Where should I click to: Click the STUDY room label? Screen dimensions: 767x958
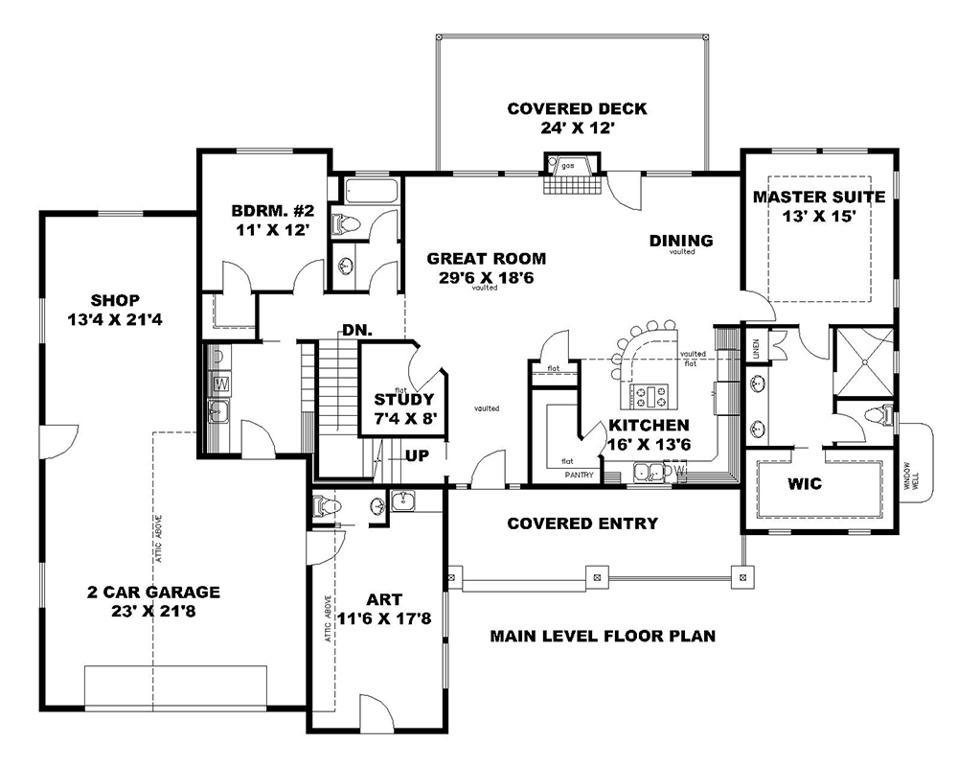[404, 399]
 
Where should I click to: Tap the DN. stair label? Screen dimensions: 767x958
[357, 330]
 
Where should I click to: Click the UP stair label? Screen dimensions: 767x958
[417, 455]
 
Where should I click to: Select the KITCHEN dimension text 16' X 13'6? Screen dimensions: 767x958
[650, 445]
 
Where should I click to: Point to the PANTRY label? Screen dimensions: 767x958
[579, 475]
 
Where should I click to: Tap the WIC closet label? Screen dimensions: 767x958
[805, 484]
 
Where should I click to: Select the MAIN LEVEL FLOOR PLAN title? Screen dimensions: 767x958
[603, 636]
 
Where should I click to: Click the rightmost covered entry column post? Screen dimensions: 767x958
[741, 576]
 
